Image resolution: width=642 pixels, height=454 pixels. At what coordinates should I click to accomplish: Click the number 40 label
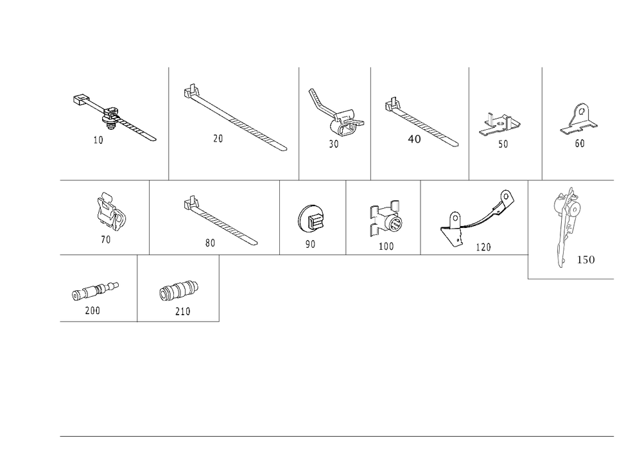point(414,139)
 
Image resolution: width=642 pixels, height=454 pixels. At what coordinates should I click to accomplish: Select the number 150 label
point(586,259)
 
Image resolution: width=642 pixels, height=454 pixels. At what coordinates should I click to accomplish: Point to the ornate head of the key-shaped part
point(568,204)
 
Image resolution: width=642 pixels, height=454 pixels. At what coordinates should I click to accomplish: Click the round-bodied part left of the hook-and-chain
point(389,220)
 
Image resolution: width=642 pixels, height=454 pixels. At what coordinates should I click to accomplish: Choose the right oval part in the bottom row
point(178,290)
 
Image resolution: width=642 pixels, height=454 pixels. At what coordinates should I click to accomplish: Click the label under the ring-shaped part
point(310,245)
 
